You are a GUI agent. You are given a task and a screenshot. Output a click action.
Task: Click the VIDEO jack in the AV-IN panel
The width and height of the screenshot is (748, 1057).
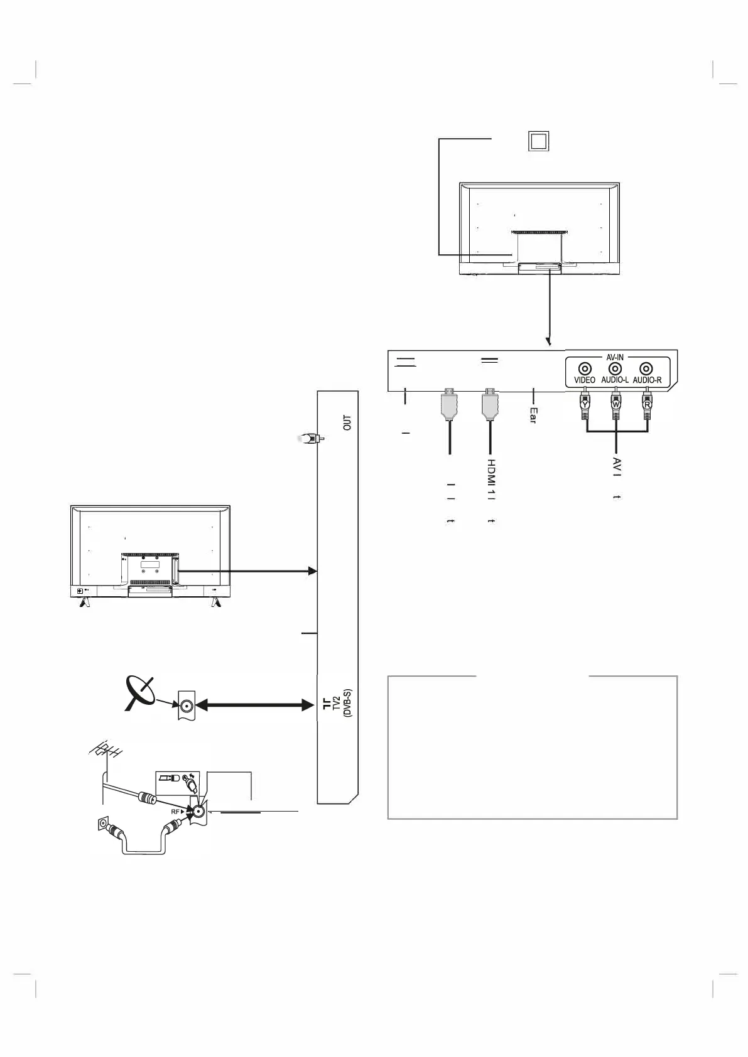(585, 370)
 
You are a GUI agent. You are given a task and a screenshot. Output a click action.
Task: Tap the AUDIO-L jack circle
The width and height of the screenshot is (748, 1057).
(615, 370)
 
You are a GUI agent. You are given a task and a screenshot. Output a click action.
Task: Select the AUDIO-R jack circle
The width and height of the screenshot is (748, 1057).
(646, 370)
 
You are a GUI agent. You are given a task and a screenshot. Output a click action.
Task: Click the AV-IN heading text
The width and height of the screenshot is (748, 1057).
(615, 357)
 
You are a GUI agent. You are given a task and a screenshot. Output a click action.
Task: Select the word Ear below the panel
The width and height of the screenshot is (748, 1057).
(533, 415)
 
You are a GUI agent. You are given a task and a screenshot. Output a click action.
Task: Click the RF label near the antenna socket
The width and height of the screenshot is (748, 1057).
(177, 812)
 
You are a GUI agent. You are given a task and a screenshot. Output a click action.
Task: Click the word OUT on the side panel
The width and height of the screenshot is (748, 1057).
(347, 422)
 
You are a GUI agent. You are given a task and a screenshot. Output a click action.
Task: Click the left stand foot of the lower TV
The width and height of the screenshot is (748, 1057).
(84, 602)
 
